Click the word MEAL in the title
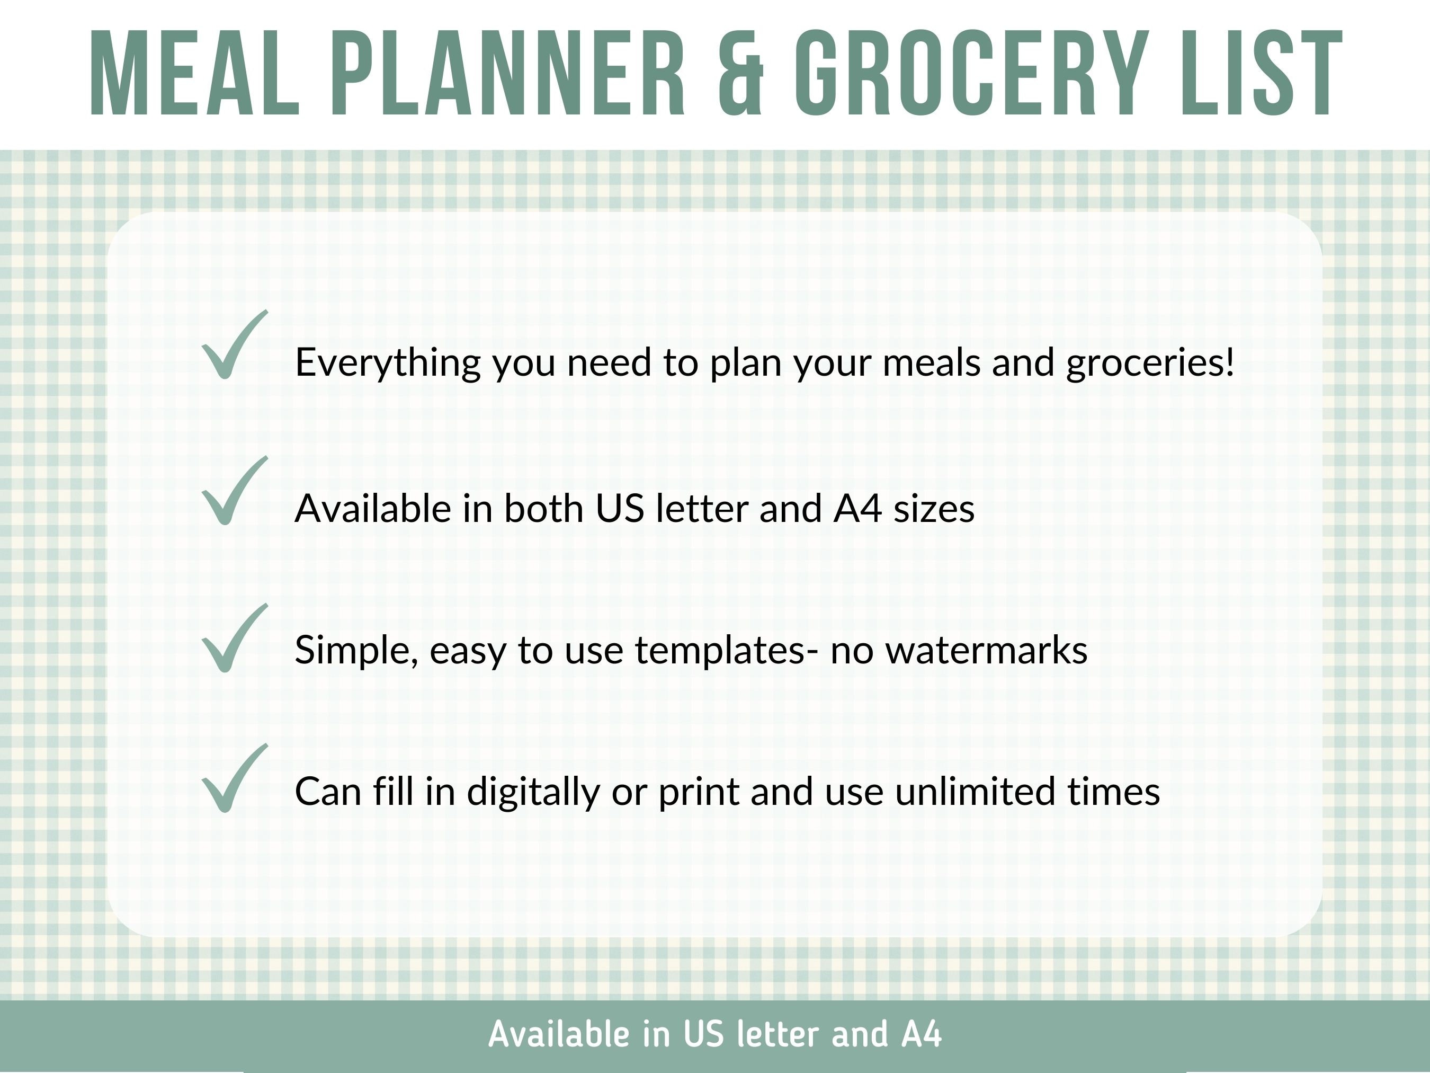194,73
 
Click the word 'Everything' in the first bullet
387,363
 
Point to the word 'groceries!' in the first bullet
1150,363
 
